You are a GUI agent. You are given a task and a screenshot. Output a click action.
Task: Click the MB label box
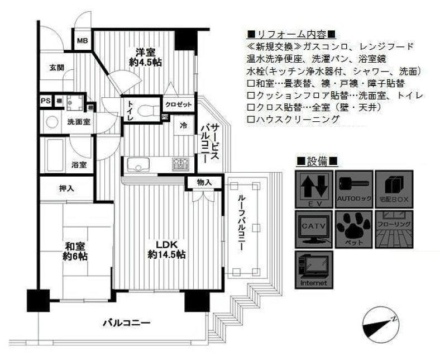click(83, 41)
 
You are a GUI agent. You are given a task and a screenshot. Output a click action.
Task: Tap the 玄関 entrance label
click(56, 68)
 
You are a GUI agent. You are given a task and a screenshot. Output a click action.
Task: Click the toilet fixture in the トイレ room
click(149, 108)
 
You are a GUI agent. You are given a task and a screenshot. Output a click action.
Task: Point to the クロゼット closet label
click(178, 105)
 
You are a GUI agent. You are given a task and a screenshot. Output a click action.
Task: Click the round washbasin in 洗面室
click(52, 121)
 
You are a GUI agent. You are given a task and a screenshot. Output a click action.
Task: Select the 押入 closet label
click(66, 188)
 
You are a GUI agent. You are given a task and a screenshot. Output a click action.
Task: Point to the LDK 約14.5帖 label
click(166, 249)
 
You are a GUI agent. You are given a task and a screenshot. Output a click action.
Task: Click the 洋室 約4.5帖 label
click(145, 56)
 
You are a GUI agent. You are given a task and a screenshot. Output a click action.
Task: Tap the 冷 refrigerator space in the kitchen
click(184, 126)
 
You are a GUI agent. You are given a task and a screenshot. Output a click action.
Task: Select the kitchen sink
click(137, 164)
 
